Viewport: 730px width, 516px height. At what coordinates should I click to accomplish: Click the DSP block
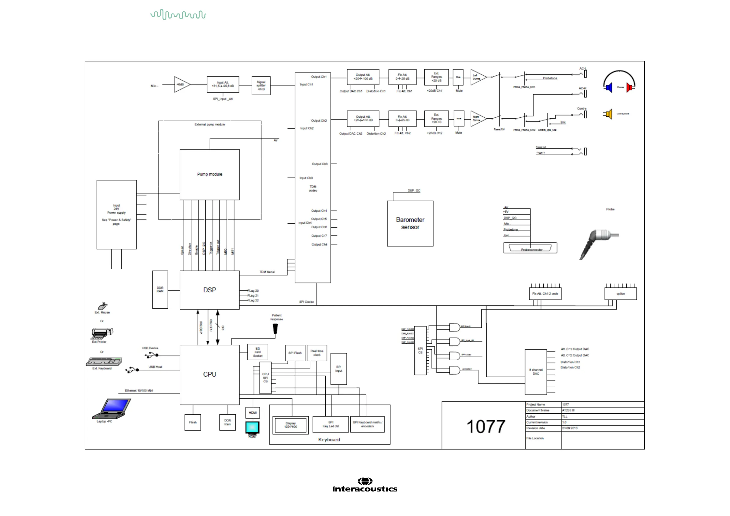pyautogui.click(x=209, y=290)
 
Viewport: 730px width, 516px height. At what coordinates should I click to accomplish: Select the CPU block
pyautogui.click(x=209, y=374)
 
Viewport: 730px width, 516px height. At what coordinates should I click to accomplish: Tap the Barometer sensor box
pyautogui.click(x=410, y=223)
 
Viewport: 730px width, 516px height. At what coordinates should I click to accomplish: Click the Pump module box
pyautogui.click(x=209, y=174)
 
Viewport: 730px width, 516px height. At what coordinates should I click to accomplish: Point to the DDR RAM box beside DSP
pyautogui.click(x=160, y=290)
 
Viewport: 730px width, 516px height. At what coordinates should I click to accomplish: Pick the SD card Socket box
pyautogui.click(x=258, y=352)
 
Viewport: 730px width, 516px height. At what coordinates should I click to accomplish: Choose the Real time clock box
pyautogui.click(x=317, y=353)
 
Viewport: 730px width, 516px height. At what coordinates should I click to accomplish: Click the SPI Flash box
pyautogui.click(x=295, y=353)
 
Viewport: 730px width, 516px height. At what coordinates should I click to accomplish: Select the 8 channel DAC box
pyautogui.click(x=536, y=372)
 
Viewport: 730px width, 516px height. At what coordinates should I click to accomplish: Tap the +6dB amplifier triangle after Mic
pyautogui.click(x=181, y=85)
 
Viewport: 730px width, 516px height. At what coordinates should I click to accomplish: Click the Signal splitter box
pyautogui.click(x=261, y=85)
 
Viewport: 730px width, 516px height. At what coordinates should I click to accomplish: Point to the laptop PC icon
pyautogui.click(x=112, y=409)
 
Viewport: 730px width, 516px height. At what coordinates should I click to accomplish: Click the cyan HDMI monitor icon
pyautogui.click(x=252, y=428)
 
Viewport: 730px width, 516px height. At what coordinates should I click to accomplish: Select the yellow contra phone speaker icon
pyautogui.click(x=608, y=114)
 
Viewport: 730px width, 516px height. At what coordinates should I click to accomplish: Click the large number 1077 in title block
pyautogui.click(x=486, y=427)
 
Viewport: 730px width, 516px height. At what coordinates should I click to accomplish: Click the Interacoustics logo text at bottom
pyautogui.click(x=365, y=489)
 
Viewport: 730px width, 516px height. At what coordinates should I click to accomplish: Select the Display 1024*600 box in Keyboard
pyautogui.click(x=291, y=425)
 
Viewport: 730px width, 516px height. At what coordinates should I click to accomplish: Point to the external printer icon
pyautogui.click(x=102, y=333)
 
